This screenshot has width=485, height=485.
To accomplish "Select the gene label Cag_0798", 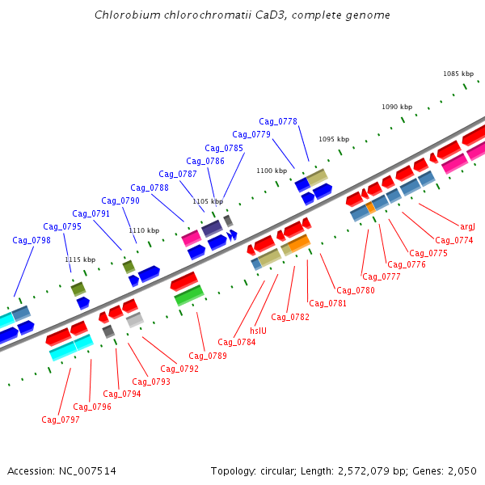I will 32,240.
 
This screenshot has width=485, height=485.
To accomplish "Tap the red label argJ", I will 467,226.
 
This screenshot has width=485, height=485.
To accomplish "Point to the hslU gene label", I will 258,331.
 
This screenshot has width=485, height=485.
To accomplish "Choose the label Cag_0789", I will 208,356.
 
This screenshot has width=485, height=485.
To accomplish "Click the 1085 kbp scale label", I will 458,74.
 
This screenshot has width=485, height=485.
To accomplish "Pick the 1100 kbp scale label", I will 272,171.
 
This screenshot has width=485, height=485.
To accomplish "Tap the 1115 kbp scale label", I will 80,259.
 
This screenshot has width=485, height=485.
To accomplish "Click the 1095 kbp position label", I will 334,139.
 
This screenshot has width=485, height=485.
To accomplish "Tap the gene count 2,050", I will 461,470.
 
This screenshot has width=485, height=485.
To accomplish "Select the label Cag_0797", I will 61,420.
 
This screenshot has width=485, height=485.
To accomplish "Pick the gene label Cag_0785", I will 224,148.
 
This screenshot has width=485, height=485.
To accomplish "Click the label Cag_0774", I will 454,240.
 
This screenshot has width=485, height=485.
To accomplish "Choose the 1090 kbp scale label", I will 397,107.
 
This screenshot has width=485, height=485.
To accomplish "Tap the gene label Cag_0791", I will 91,213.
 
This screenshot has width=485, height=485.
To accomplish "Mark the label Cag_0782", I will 290,317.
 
